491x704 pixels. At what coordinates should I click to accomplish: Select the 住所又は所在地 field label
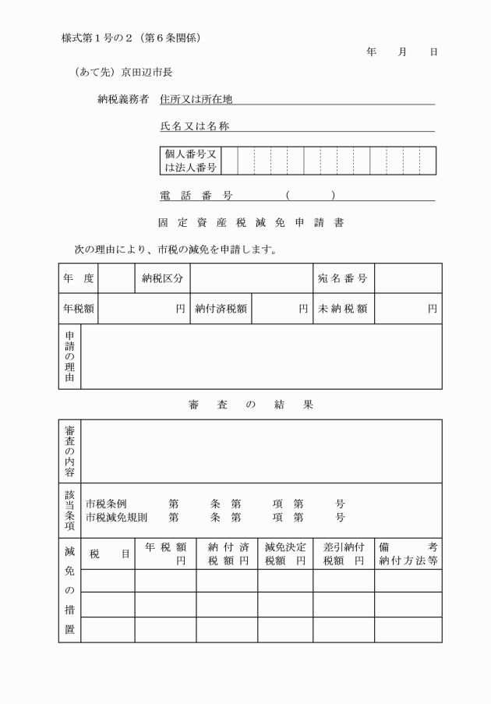point(196,100)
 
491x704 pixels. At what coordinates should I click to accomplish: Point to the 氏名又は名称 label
point(195,126)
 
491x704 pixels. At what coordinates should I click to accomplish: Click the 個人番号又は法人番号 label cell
point(190,161)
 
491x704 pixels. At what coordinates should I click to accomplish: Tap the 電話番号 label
point(196,196)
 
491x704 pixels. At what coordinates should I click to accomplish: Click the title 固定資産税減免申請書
point(250,222)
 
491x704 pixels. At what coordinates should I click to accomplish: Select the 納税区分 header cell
point(162,278)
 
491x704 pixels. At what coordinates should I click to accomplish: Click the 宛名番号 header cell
point(343,278)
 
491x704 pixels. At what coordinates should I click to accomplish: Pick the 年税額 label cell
point(79,308)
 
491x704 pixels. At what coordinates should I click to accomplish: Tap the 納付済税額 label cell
point(221,308)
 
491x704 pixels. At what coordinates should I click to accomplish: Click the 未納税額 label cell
point(343,308)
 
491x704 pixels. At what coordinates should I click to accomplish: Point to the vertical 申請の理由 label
point(69,356)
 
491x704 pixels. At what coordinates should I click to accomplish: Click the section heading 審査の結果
point(250,405)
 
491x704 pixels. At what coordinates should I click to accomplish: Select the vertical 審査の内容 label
point(69,451)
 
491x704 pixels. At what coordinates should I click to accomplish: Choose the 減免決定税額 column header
point(284,554)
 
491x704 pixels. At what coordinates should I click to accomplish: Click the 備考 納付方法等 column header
point(408,554)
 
